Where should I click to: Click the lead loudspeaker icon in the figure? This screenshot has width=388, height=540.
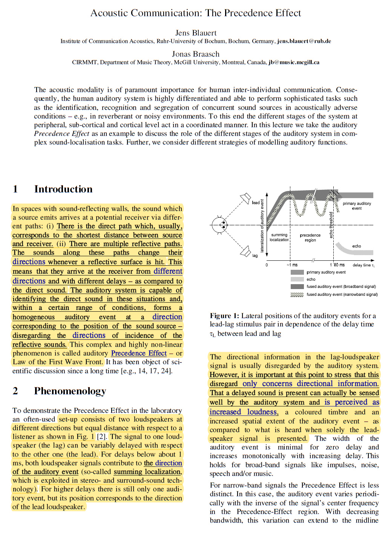tap(245, 198)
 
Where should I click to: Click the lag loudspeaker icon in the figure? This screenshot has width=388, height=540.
tap(245, 251)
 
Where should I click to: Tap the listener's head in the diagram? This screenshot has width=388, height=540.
tap(219, 225)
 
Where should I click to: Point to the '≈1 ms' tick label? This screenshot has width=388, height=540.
tap(292, 265)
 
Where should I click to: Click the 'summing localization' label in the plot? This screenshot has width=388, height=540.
tap(279, 237)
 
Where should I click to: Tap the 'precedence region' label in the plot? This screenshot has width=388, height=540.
tap(310, 237)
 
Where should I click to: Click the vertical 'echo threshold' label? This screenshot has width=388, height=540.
tap(331, 225)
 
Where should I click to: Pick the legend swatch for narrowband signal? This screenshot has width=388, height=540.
tap(297, 294)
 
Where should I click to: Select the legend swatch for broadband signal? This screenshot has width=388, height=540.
tap(297, 286)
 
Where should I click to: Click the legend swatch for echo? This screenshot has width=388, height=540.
tap(297, 279)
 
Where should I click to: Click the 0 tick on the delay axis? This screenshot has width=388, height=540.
tap(267, 265)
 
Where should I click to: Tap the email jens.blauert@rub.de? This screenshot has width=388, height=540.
tap(304, 41)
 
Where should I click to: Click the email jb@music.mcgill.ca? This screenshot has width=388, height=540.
tap(294, 62)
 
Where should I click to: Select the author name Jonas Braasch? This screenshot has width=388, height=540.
tap(195, 54)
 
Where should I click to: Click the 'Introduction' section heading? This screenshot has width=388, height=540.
tap(63, 189)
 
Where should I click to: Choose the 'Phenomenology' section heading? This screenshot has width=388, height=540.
tap(70, 391)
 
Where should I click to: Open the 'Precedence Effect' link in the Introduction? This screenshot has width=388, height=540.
tap(139, 353)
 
